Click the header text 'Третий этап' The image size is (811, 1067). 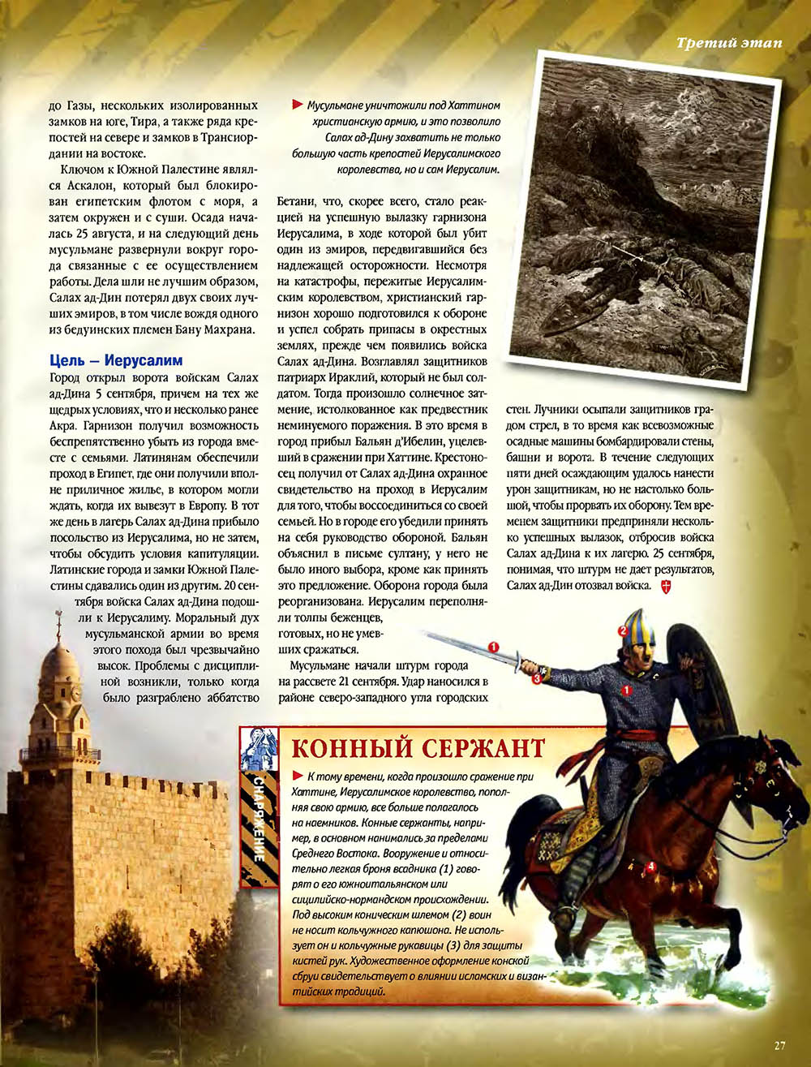click(x=729, y=42)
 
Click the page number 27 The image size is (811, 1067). click(x=779, y=1045)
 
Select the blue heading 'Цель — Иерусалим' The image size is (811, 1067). click(x=116, y=360)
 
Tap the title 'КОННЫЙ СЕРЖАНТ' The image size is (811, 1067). click(x=418, y=747)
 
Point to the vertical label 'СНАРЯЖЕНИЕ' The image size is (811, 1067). click(x=258, y=819)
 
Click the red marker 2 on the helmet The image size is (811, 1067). click(x=623, y=630)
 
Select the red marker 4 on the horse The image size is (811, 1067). click(x=650, y=866)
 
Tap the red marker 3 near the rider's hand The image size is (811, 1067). click(x=536, y=679)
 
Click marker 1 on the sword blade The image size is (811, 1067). click(x=492, y=647)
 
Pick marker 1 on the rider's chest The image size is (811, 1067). click(x=626, y=690)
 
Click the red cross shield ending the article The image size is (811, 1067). click(x=666, y=585)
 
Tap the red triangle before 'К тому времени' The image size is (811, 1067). click(x=298, y=776)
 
